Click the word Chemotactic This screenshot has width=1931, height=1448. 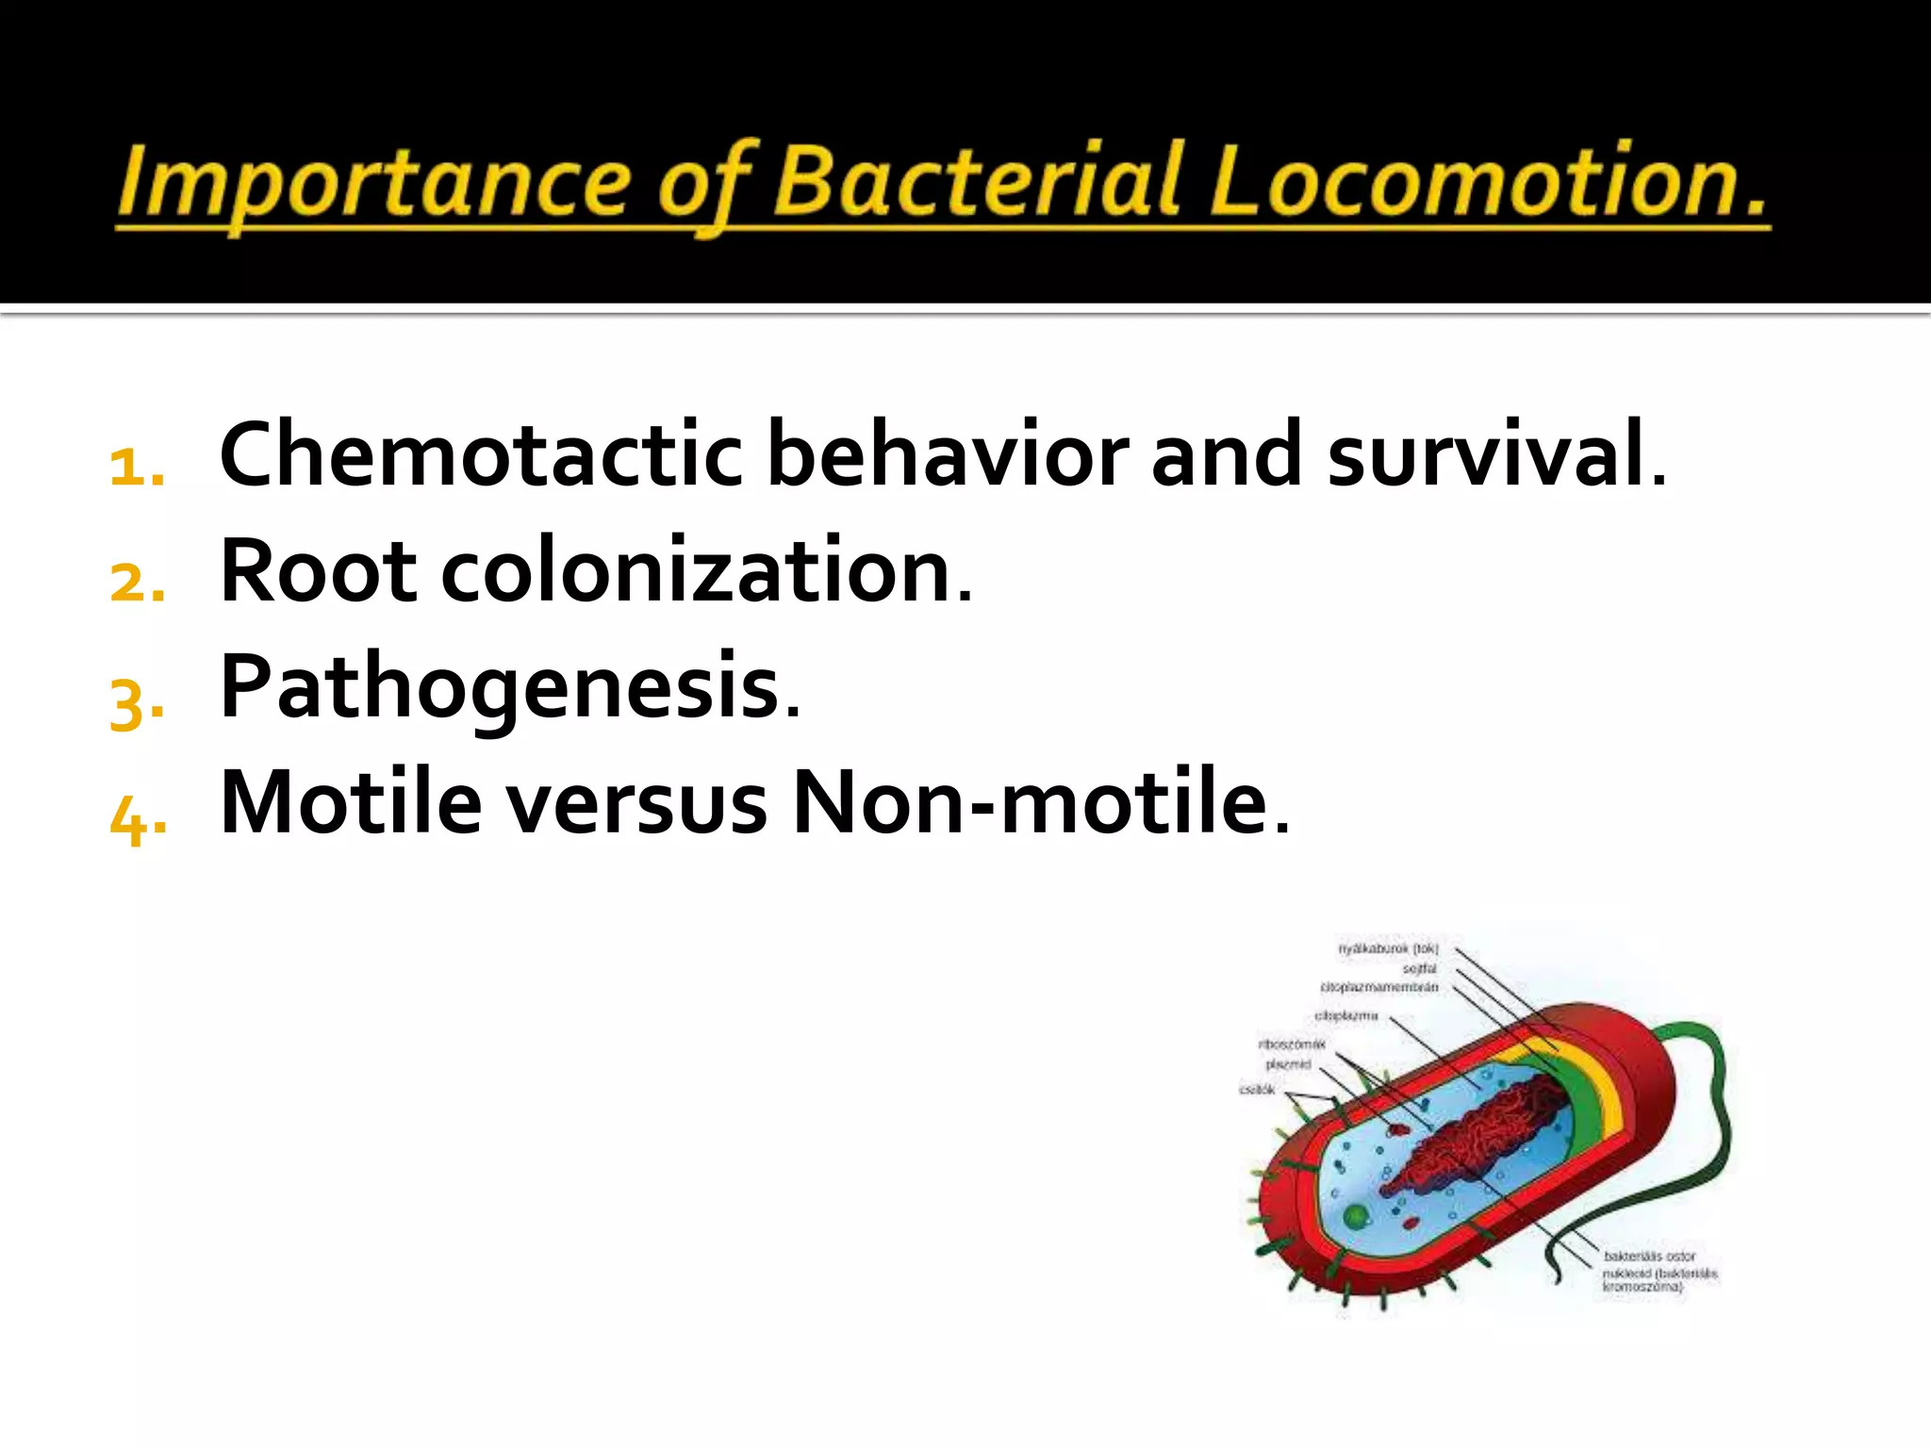click(x=481, y=455)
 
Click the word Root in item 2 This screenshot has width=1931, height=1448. click(x=318, y=571)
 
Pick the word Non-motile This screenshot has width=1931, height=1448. click(x=1037, y=804)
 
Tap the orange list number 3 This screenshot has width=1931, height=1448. click(x=137, y=702)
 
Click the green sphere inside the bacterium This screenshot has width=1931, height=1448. click(x=1356, y=1216)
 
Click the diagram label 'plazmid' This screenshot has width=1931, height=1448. click(x=1288, y=1064)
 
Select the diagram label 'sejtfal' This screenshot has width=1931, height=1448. click(x=1419, y=968)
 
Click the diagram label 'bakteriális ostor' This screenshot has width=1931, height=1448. click(x=1649, y=1256)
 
